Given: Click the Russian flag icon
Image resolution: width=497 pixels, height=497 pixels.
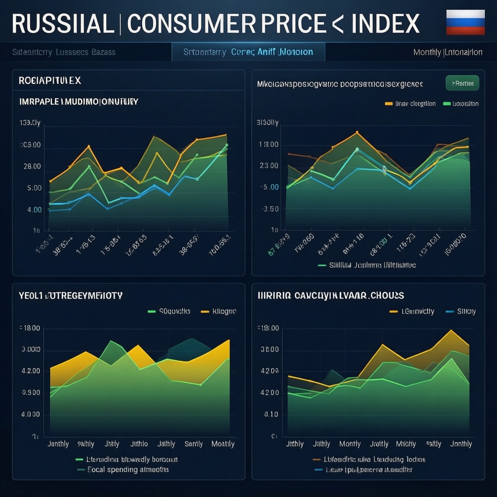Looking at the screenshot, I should point(465,22).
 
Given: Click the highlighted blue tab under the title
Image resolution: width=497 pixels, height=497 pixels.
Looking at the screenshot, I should point(248,52).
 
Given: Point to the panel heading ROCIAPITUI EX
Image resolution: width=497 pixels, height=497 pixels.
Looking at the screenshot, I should point(50,80).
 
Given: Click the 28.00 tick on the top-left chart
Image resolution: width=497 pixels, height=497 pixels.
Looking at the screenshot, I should point(32,166).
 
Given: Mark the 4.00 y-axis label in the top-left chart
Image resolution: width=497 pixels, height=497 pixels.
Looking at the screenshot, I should point(34,210).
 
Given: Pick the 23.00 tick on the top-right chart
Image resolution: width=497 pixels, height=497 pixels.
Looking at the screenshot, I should point(269,165).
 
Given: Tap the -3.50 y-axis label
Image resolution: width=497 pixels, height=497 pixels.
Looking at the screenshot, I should point(270,209).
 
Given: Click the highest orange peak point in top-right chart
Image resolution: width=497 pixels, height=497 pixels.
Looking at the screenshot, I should point(357,132).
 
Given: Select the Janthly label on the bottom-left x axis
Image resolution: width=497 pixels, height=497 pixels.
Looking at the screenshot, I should point(58,444).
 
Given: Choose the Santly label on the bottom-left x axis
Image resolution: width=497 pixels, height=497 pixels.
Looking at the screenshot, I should point(193,444).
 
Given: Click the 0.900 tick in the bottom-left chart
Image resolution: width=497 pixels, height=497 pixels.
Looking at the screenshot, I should point(31,393).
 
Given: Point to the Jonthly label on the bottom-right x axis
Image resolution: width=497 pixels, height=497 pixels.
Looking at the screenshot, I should point(461,444).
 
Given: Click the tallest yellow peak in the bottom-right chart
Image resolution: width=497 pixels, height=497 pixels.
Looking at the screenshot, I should point(451,330).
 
